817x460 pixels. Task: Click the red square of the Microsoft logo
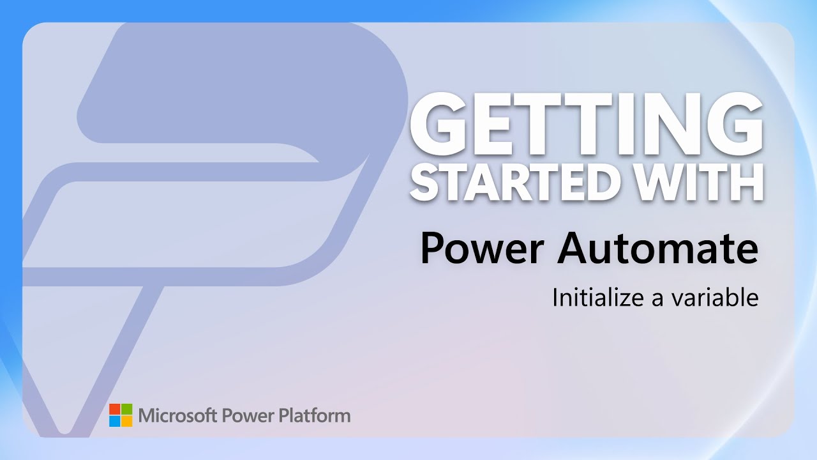(x=114, y=409)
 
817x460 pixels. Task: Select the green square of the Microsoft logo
(x=126, y=409)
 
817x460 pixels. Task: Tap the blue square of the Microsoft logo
(x=114, y=421)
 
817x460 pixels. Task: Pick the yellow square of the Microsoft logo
(x=126, y=421)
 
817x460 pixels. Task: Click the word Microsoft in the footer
(x=178, y=416)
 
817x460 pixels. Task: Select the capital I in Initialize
(x=555, y=297)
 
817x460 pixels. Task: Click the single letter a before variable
(x=657, y=299)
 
